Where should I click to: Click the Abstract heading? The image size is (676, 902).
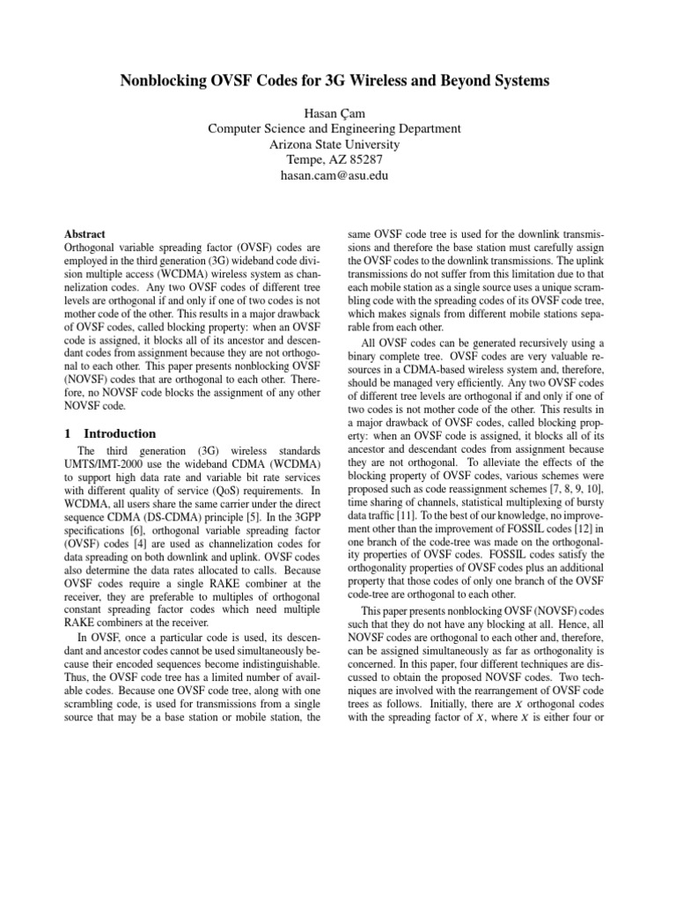[85, 235]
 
